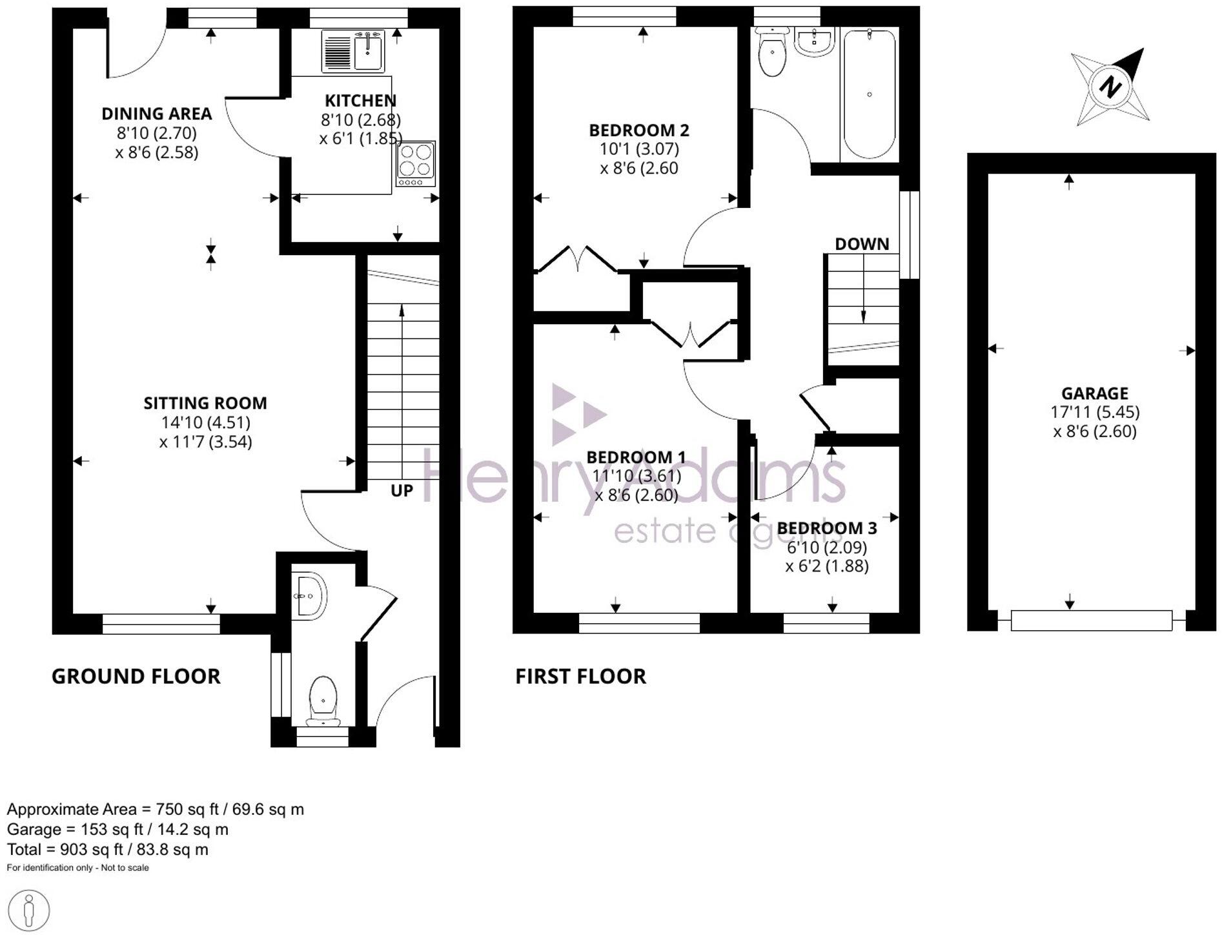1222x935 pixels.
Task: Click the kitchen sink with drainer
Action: pos(353,52)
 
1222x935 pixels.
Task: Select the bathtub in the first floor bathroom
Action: pos(869,94)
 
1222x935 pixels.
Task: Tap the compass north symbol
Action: pos(1110,87)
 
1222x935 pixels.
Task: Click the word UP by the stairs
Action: pos(402,491)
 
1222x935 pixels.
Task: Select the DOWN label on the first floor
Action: pos(862,244)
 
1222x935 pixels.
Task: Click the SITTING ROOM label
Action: pos(205,404)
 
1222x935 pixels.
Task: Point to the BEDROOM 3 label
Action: pos(827,528)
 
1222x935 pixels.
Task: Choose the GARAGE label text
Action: pos(1095,393)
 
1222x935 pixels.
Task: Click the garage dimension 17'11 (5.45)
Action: pos(1095,412)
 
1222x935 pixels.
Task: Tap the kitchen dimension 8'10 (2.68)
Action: pos(361,119)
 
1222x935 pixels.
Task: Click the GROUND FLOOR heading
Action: pos(136,676)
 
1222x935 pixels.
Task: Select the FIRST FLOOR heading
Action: pos(580,676)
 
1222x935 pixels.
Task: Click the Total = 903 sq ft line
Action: pos(108,849)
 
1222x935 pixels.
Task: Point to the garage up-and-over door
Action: pos(1091,621)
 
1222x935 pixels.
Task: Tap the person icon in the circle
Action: pos(28,910)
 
